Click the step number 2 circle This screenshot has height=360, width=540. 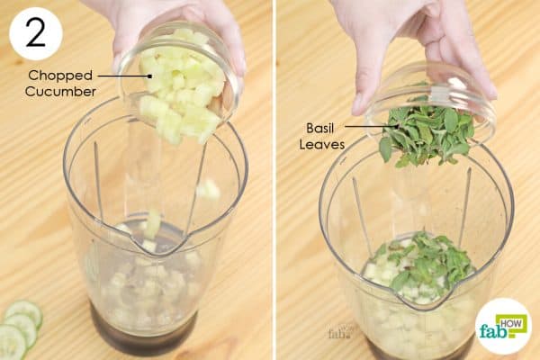(x=36, y=34)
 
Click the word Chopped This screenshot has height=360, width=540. (x=60, y=76)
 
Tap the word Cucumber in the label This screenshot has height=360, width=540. (x=60, y=92)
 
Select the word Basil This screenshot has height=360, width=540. (x=319, y=129)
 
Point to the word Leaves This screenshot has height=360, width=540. (x=322, y=144)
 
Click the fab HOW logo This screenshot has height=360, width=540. (x=503, y=327)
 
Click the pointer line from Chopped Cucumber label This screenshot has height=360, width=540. (x=125, y=76)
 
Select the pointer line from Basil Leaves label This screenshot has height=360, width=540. (x=372, y=126)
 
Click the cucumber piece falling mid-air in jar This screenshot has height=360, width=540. (x=209, y=190)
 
